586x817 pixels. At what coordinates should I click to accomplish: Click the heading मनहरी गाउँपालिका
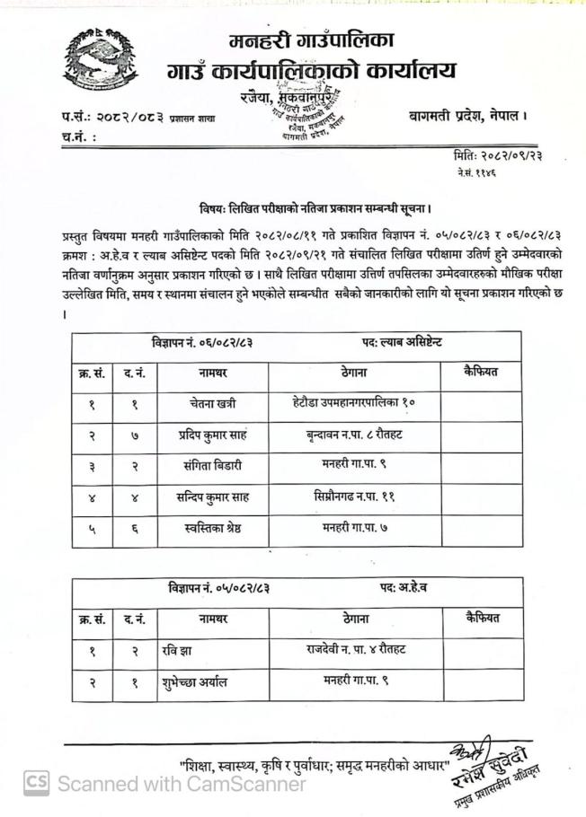[312, 40]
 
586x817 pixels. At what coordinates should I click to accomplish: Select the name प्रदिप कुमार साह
[212, 435]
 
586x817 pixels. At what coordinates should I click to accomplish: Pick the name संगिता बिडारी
[210, 466]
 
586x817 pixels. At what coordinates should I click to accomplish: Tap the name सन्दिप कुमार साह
[213, 497]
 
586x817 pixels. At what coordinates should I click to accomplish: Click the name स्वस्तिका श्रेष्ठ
[212, 529]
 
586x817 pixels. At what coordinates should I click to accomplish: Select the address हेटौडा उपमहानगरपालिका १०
[353, 404]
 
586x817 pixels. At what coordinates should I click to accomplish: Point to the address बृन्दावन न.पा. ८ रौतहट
[353, 435]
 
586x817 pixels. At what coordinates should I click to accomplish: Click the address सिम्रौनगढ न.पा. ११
[353, 496]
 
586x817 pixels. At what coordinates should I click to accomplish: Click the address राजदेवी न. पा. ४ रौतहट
[353, 651]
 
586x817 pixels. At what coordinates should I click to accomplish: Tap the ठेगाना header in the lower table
[353, 619]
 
